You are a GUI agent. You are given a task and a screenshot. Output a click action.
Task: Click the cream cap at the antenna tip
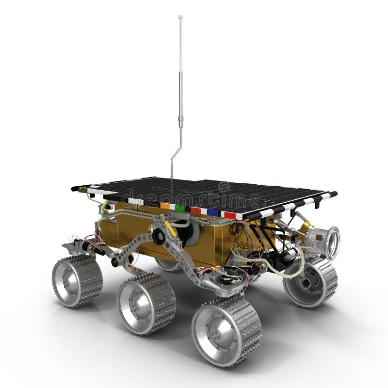pos(180,17)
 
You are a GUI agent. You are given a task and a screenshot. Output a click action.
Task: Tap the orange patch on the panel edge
pos(164,206)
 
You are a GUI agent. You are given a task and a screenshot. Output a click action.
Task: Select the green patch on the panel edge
pos(180,208)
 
